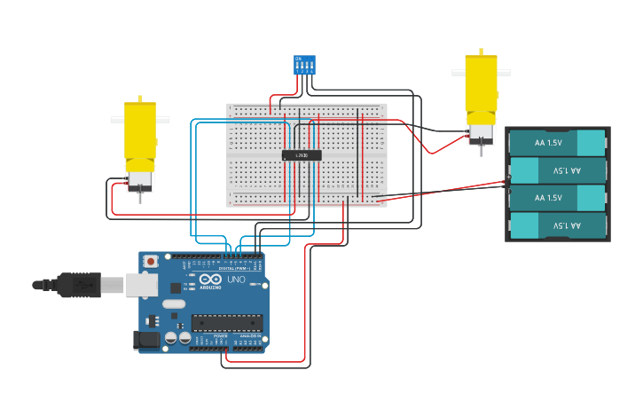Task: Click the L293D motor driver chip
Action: click(302, 155)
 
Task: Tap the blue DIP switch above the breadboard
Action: click(304, 65)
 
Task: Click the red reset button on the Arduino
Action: click(152, 262)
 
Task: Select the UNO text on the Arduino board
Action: click(237, 280)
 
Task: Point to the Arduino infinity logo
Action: click(211, 280)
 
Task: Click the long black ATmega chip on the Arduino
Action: click(227, 322)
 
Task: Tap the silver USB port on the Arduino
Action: click(141, 284)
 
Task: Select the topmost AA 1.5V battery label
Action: click(549, 142)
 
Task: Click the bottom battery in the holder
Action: click(558, 225)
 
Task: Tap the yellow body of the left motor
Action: click(139, 133)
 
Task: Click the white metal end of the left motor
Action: click(140, 180)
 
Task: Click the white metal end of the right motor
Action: click(480, 133)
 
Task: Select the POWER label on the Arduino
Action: click(220, 336)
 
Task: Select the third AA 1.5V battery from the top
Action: click(549, 197)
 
